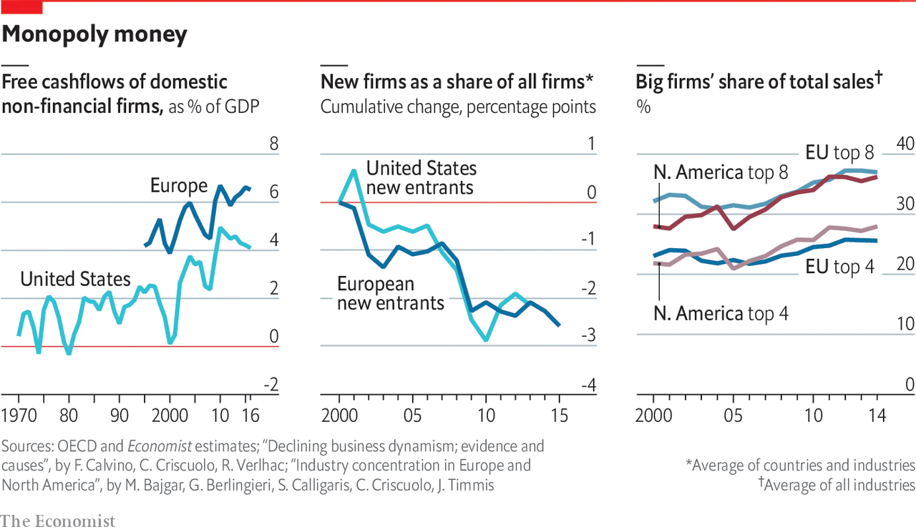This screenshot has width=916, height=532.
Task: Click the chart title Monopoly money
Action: click(x=95, y=34)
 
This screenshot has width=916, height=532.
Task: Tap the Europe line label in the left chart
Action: click(x=178, y=186)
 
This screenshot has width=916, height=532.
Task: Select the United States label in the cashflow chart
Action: click(x=75, y=279)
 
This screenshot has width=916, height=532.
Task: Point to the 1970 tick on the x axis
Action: click(x=19, y=416)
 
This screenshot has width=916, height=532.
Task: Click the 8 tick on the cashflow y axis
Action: click(x=273, y=144)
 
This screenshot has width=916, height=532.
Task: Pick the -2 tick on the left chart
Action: click(x=271, y=385)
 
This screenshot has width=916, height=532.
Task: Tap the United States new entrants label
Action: click(x=421, y=178)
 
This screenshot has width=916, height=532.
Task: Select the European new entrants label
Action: click(x=391, y=293)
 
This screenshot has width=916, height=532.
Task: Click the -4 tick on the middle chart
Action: click(x=588, y=385)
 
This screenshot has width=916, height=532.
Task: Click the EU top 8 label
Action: click(x=839, y=152)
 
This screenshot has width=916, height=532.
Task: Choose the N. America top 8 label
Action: click(x=721, y=172)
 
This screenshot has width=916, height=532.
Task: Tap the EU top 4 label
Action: click(x=839, y=267)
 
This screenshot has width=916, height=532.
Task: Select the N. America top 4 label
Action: click(x=721, y=313)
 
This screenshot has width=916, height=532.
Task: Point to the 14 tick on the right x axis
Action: click(x=877, y=416)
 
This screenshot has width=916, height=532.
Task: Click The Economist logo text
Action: click(x=57, y=521)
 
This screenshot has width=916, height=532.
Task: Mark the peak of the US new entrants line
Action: click(x=354, y=170)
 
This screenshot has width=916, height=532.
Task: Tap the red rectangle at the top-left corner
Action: click(x=21, y=7)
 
